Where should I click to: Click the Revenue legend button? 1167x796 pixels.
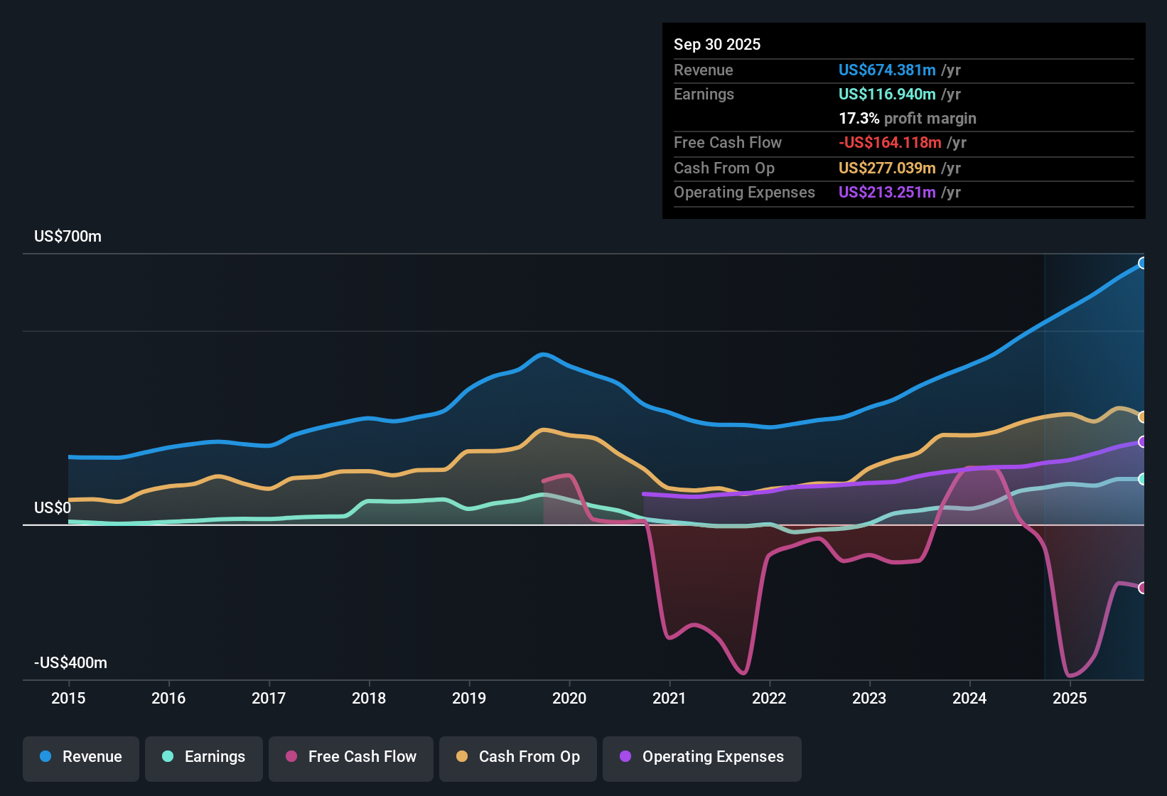(x=81, y=757)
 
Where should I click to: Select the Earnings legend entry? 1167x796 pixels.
(x=204, y=757)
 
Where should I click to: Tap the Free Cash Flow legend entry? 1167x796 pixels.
(x=351, y=757)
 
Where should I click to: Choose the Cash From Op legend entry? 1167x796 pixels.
(x=518, y=757)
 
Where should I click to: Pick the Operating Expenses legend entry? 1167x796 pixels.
(x=702, y=757)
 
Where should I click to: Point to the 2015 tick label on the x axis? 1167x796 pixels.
(x=68, y=698)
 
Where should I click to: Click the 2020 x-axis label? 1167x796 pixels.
(x=569, y=698)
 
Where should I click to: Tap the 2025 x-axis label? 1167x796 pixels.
(x=1070, y=698)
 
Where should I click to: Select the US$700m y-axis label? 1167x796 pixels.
(x=68, y=237)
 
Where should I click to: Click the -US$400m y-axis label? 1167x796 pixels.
(x=70, y=663)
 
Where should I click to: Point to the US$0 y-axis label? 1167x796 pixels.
(x=53, y=508)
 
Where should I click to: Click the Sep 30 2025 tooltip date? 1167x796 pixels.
(x=717, y=44)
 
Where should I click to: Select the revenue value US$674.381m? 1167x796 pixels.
(x=887, y=70)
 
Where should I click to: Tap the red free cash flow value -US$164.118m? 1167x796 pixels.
(x=890, y=142)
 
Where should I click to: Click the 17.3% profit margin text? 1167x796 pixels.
(x=908, y=118)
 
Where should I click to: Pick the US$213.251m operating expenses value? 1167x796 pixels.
(x=887, y=192)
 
